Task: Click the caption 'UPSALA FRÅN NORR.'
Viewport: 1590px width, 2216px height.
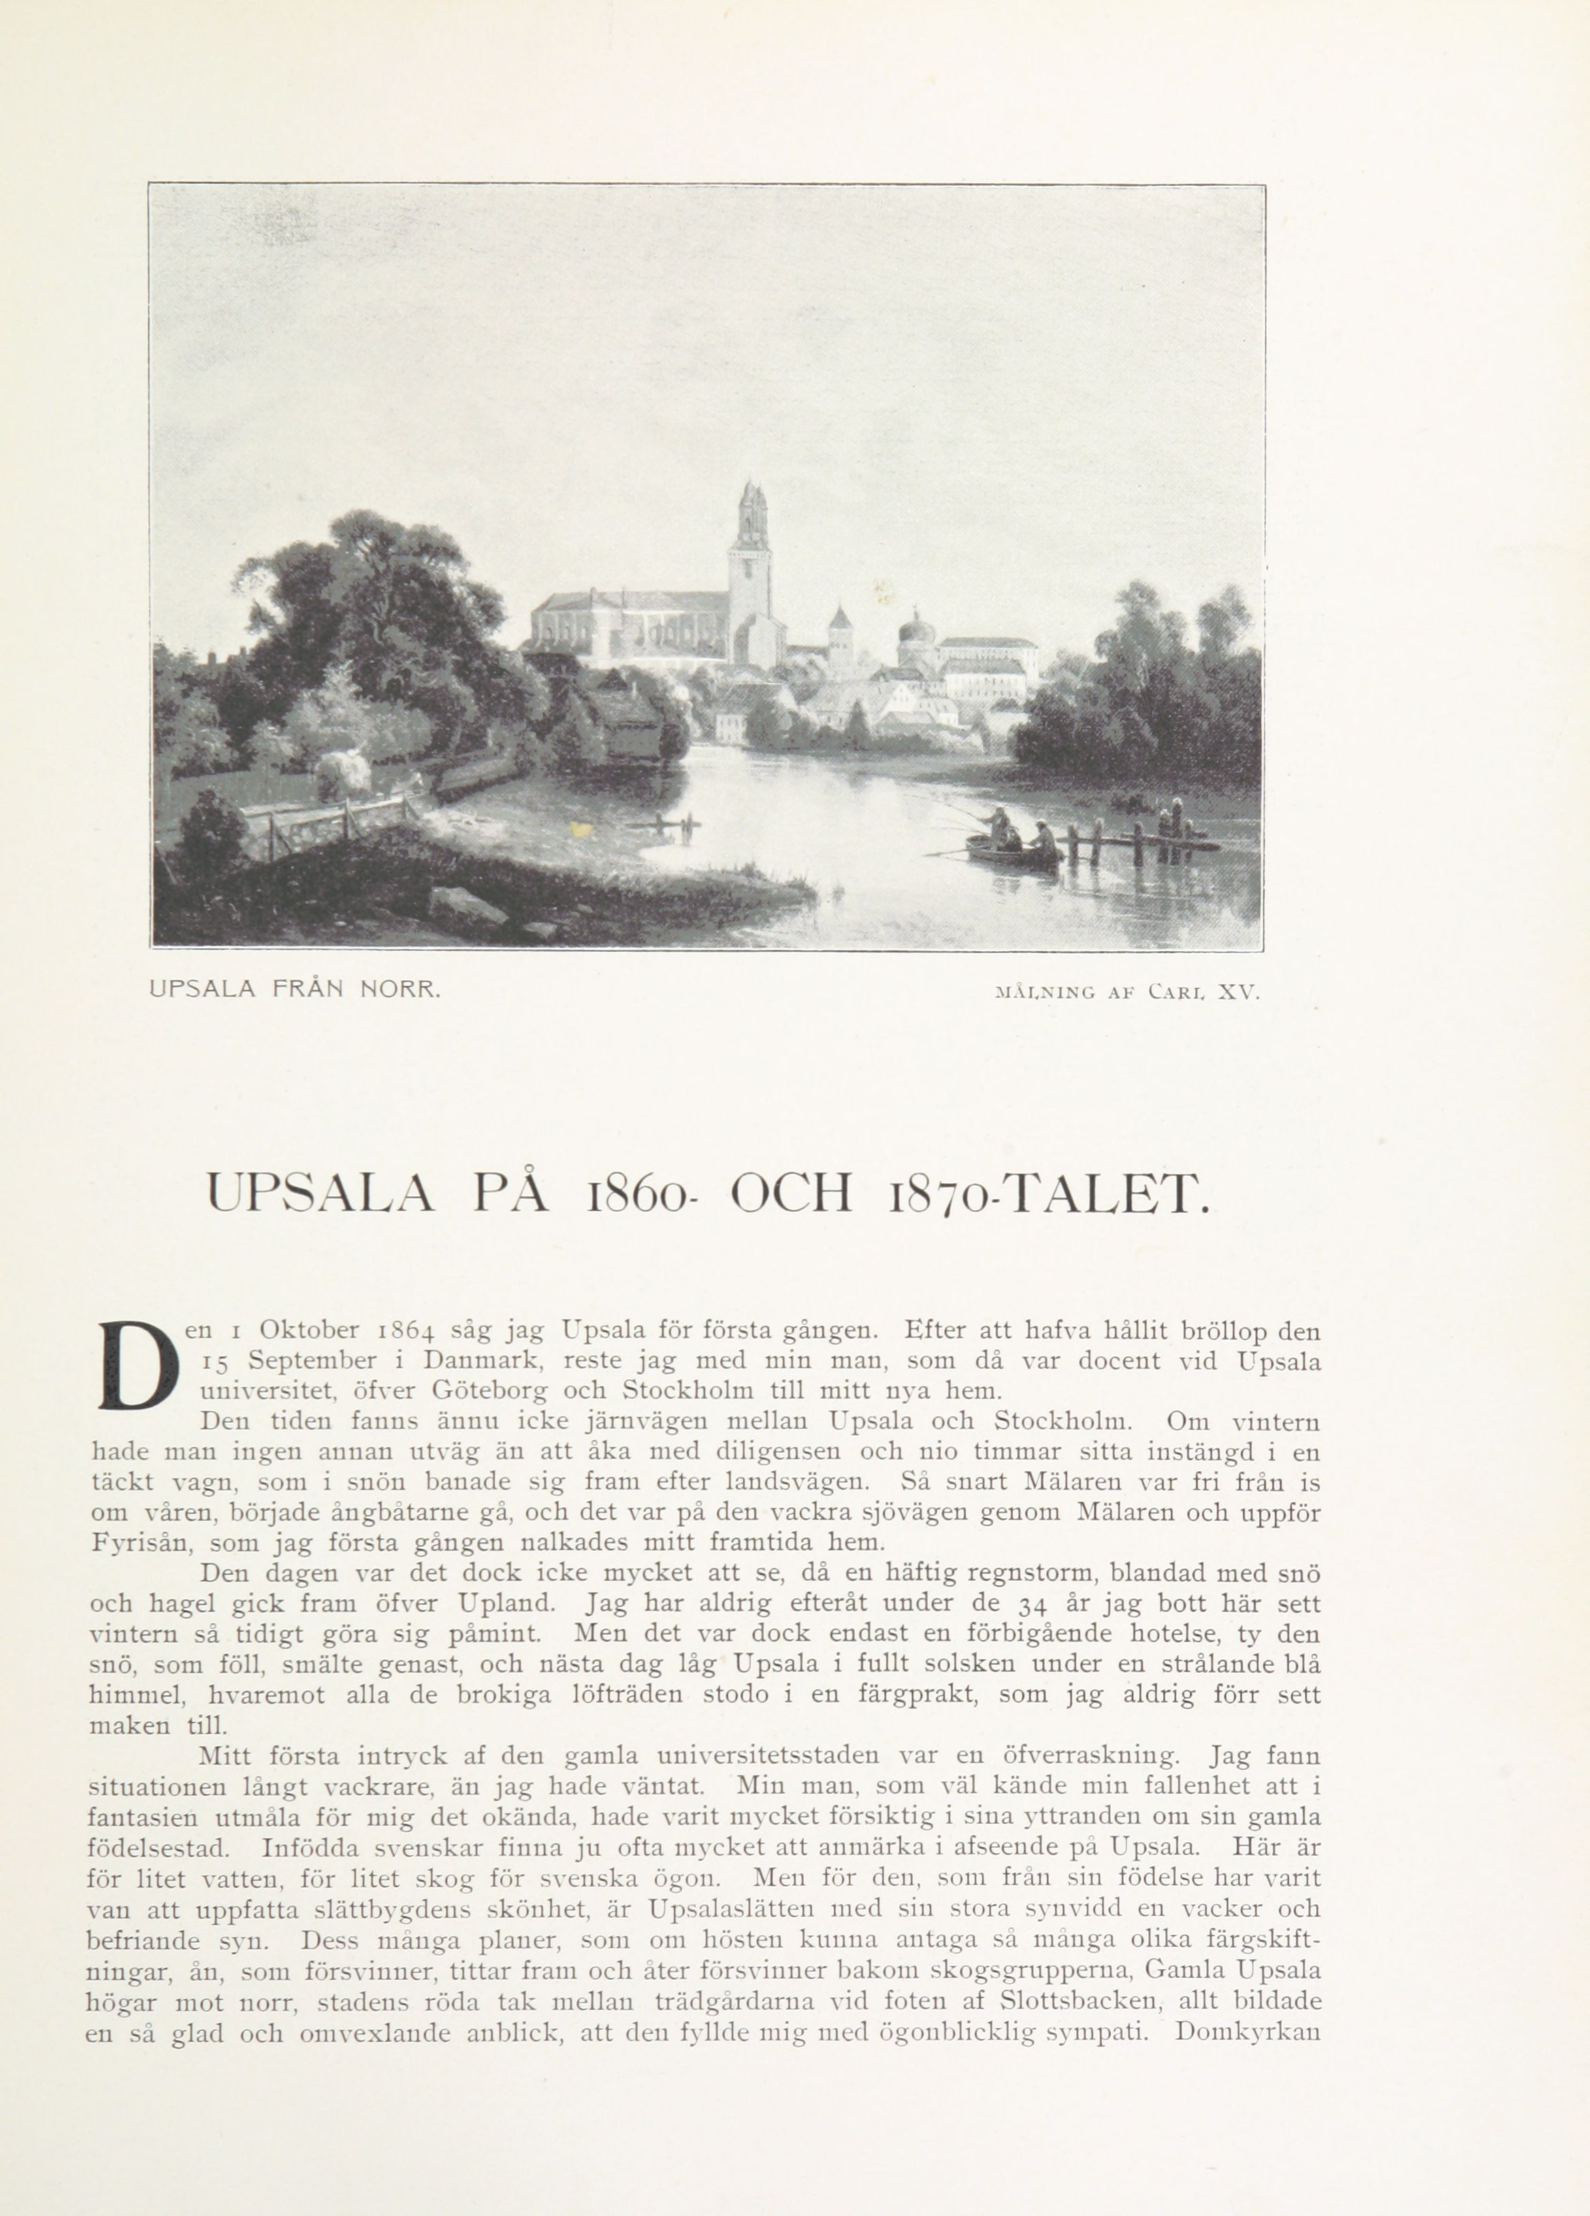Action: point(295,989)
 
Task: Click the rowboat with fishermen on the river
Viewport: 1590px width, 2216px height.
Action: point(1013,850)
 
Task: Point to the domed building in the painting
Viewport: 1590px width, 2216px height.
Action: point(911,635)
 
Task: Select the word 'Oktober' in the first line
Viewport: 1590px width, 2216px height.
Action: point(310,1331)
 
